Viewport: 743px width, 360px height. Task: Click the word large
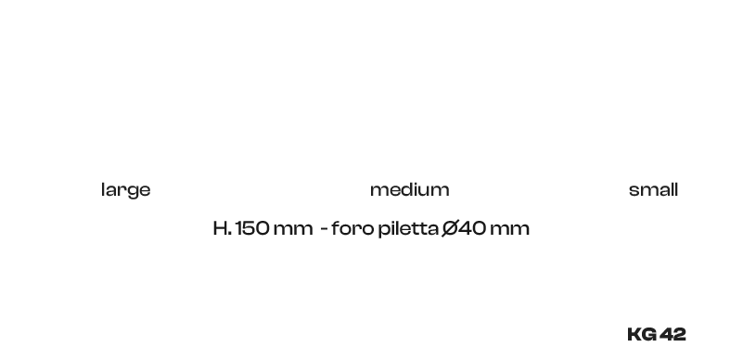click(x=125, y=190)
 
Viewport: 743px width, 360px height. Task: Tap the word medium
click(x=409, y=189)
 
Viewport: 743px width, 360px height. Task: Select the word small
click(x=653, y=189)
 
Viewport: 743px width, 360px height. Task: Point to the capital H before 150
click(x=220, y=228)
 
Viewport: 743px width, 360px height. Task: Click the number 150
click(x=252, y=228)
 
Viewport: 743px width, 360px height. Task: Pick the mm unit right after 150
click(x=293, y=230)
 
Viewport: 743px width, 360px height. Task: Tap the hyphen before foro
click(x=324, y=230)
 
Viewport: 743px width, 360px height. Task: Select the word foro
click(x=352, y=228)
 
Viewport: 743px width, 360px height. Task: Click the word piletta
click(x=408, y=229)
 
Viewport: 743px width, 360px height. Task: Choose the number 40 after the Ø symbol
click(x=472, y=228)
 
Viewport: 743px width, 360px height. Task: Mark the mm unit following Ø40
click(x=509, y=230)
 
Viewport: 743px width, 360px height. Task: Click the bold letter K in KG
click(x=635, y=334)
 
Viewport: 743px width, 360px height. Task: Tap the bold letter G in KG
click(x=649, y=334)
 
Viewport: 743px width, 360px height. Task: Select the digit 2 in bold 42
click(x=680, y=334)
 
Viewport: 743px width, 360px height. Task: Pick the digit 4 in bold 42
click(x=666, y=334)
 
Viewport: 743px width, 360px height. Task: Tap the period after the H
click(x=230, y=233)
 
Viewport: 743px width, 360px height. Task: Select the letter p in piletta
click(x=384, y=231)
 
